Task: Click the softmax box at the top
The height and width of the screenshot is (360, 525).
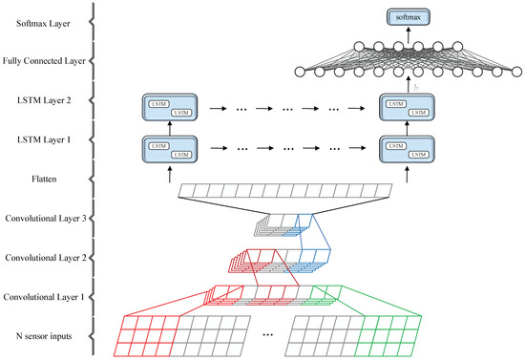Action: click(405, 15)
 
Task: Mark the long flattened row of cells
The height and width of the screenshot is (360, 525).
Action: click(285, 193)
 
